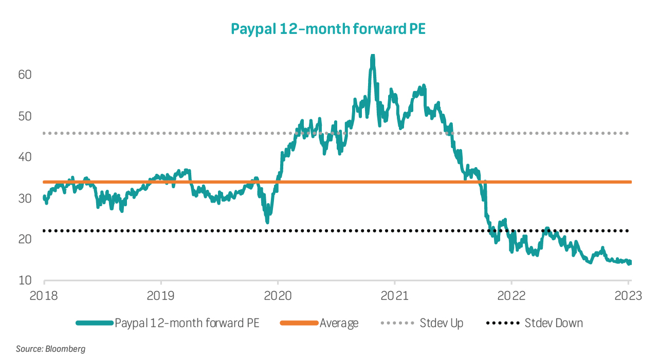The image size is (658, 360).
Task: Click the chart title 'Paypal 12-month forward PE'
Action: (x=328, y=28)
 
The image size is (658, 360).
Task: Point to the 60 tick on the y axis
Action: (x=25, y=75)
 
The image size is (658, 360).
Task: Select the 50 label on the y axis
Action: (x=25, y=116)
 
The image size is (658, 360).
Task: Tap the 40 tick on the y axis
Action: (x=25, y=157)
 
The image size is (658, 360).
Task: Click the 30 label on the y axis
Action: (x=25, y=198)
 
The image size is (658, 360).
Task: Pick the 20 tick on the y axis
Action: (x=25, y=239)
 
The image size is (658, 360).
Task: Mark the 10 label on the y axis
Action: (x=25, y=280)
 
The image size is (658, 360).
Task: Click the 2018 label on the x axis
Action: (x=44, y=296)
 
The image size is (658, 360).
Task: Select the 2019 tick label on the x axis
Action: (x=161, y=296)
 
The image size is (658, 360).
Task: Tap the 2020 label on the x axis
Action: (x=278, y=296)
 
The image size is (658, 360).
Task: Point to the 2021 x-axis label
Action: (x=394, y=296)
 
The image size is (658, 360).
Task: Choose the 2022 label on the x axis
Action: (x=511, y=296)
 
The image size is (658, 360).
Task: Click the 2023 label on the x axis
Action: (x=628, y=296)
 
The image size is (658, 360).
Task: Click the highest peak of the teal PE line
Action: (x=373, y=56)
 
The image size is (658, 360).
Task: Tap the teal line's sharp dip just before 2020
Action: (x=267, y=221)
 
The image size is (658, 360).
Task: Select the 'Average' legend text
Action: (x=339, y=323)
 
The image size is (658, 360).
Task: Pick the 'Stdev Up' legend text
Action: (x=441, y=323)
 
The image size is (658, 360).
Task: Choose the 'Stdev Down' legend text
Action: (x=553, y=323)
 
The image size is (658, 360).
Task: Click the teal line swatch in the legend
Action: (x=94, y=323)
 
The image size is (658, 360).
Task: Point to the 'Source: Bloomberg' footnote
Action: (x=50, y=349)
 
